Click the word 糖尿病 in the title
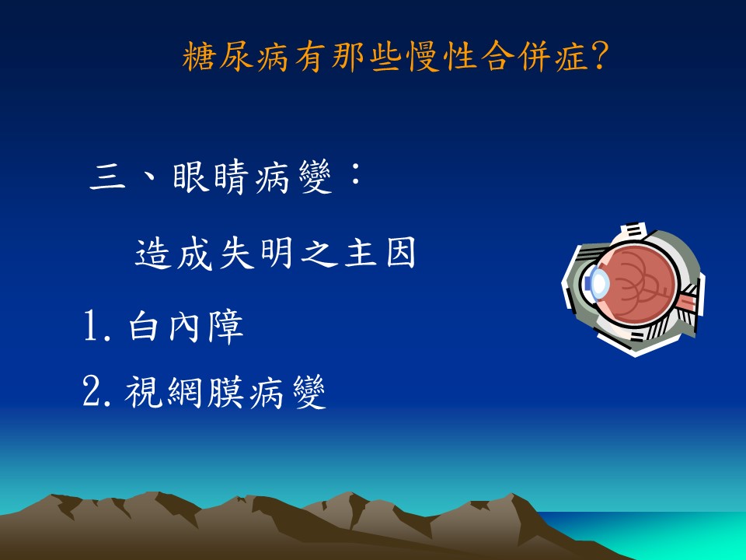(235, 57)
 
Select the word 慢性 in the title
(442, 57)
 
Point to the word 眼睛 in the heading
(211, 177)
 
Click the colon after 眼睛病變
(355, 175)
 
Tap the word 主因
(380, 254)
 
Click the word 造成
(173, 254)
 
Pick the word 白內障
(186, 327)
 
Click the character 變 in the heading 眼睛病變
(315, 177)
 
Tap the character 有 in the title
(310, 57)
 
